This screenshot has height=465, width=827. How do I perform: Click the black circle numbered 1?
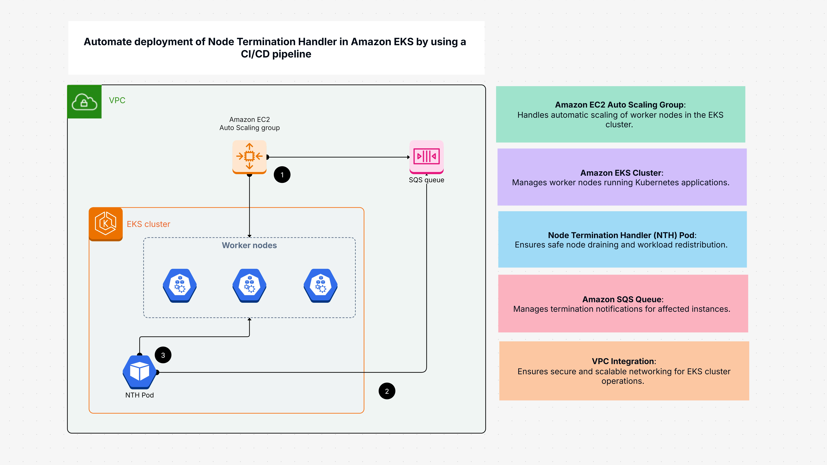[282, 175]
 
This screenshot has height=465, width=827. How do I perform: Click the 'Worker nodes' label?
[249, 245]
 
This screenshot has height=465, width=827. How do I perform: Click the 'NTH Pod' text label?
[139, 395]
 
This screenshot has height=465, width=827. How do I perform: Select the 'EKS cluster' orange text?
[148, 224]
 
